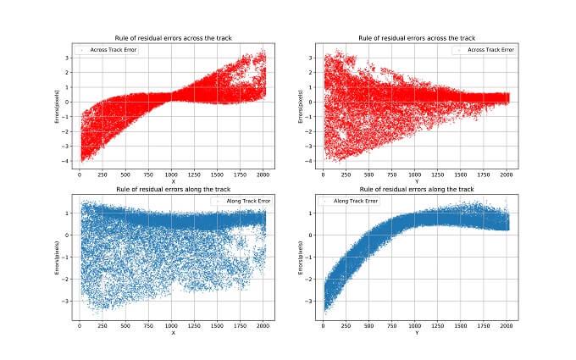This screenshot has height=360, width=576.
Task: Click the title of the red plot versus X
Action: coord(173,38)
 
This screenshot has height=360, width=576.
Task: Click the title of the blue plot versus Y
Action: coord(415,188)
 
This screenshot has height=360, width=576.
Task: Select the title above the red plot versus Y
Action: coord(415,38)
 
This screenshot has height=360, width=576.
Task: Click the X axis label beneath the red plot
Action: coord(173,180)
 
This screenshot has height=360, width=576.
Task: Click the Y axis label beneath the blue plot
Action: coord(415,331)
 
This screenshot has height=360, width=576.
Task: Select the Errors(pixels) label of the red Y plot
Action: coord(302,107)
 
